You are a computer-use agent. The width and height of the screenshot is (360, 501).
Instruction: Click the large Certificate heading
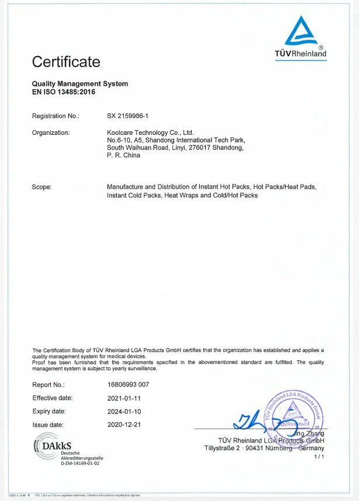66,61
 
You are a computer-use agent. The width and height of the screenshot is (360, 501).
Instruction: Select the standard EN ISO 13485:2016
63,92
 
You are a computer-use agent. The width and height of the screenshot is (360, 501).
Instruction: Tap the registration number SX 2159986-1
132,117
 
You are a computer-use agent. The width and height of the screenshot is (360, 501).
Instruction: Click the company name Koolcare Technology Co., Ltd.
150,133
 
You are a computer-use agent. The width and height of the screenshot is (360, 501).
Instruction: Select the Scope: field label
42,187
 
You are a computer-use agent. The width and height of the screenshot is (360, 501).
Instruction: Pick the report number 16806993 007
128,385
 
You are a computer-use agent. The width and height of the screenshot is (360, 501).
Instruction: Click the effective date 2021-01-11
124,398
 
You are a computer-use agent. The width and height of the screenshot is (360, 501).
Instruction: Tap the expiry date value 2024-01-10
124,412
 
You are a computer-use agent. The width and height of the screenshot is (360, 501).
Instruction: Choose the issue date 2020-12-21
124,425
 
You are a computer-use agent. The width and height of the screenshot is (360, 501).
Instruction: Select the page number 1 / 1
319,456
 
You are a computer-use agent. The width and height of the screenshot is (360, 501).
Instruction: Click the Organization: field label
51,133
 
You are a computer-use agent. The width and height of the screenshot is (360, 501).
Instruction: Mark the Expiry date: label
49,412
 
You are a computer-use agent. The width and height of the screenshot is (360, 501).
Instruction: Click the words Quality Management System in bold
79,84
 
